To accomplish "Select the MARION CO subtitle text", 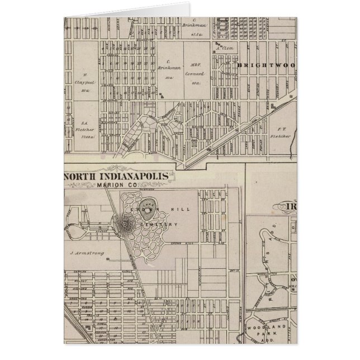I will (x=117, y=185).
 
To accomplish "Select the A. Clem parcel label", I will (x=224, y=48).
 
